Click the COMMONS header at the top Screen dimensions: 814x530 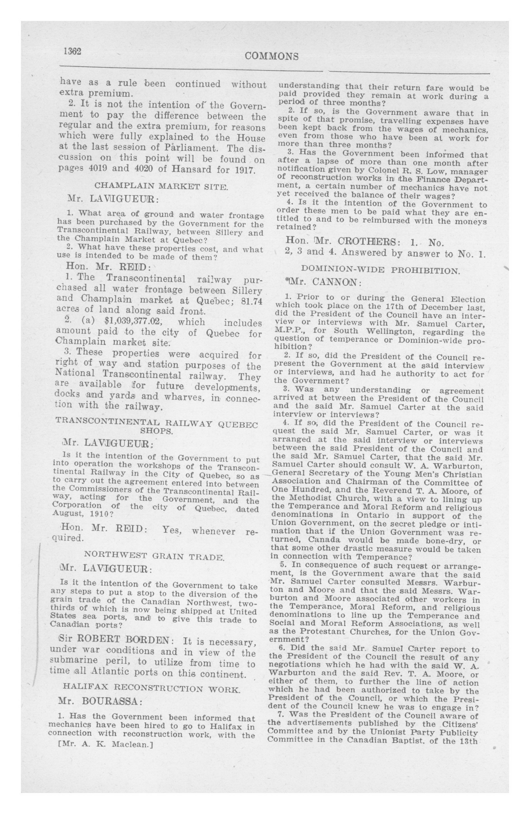[271, 56]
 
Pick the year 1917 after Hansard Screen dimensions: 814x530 [245, 170]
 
